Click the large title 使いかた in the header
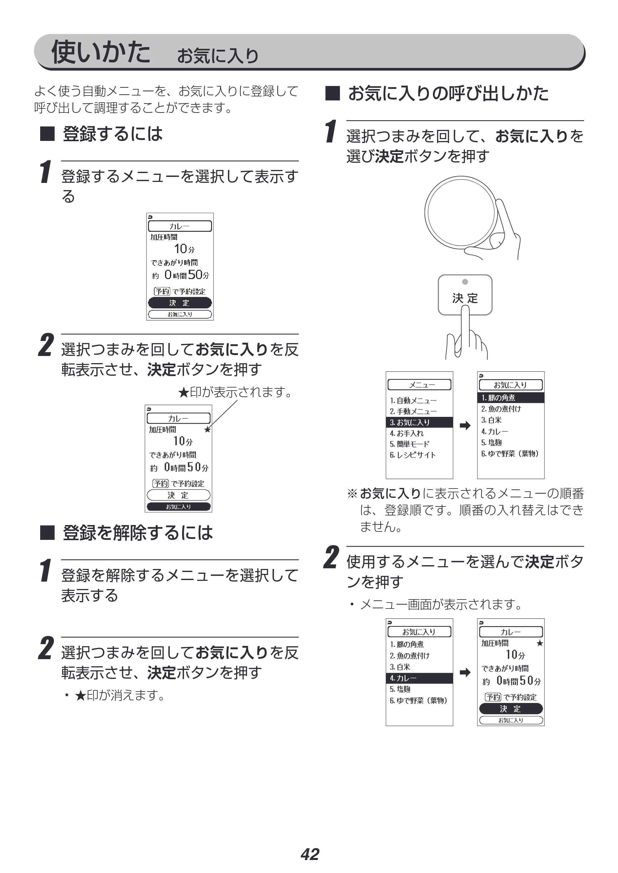pos(101,51)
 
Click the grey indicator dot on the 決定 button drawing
pos(465,282)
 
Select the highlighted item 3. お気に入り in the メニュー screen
pos(419,422)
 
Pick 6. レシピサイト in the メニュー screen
pos(413,455)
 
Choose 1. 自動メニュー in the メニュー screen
pos(413,400)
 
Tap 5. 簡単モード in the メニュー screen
pos(409,444)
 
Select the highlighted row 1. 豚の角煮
pos(511,398)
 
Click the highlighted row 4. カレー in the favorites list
pos(419,678)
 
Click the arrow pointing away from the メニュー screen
pos(465,425)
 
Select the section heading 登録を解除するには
pos(138,532)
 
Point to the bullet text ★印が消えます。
pos(120,695)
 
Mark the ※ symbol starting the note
pos(352,494)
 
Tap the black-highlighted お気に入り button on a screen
pos(179,506)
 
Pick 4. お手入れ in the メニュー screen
pos(406,433)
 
